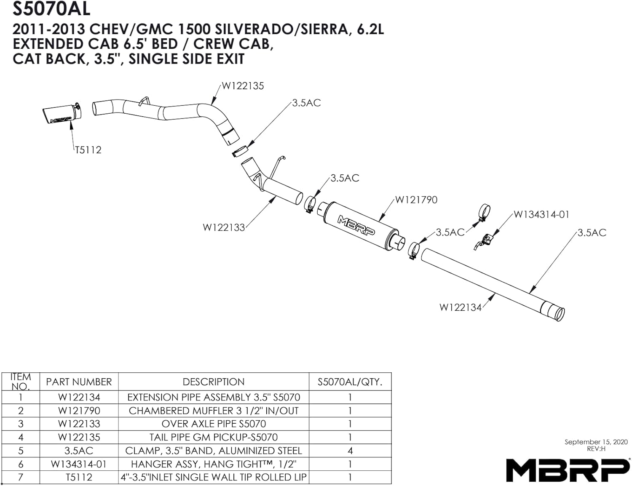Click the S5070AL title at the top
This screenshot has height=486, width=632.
51,8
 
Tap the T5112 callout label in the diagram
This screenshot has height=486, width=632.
88,150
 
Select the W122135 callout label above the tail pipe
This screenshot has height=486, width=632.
243,86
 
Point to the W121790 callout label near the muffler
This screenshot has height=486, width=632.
416,200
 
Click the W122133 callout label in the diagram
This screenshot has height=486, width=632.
224,227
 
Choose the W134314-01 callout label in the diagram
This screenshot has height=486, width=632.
541,215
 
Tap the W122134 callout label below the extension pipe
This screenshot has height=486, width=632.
460,307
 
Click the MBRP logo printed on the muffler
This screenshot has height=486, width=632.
354,222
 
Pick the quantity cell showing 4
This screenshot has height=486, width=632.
350,451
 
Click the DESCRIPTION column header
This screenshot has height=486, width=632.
213,382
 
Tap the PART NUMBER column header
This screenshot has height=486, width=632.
79,382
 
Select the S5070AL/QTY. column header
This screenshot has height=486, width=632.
350,382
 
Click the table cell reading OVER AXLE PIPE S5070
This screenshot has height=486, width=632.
213,424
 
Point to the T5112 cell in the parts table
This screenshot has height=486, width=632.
79,477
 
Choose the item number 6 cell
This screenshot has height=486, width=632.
21,464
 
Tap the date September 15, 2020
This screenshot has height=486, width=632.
596,442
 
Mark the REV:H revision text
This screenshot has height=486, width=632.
596,449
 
